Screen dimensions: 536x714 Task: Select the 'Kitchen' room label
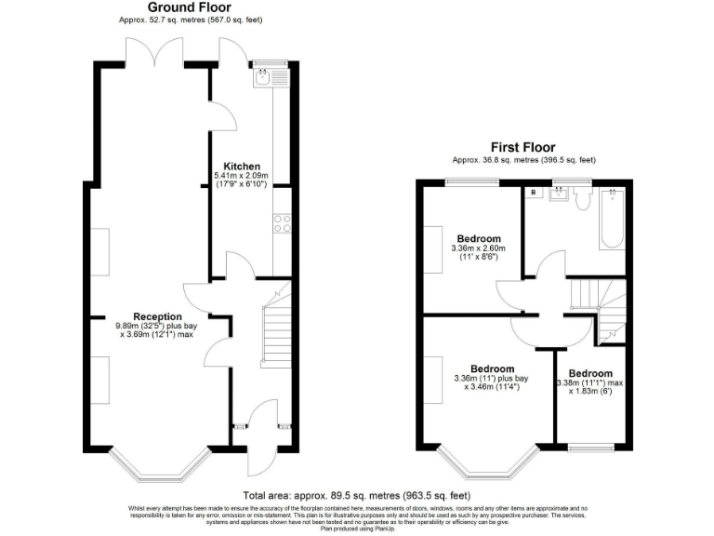click(x=241, y=166)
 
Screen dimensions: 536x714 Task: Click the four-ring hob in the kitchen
click(x=281, y=223)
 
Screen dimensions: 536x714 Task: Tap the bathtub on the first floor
click(x=611, y=220)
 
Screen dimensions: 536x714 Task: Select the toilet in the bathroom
click(x=582, y=197)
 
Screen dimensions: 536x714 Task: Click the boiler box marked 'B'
click(x=534, y=193)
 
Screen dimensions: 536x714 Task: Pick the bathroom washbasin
click(x=560, y=194)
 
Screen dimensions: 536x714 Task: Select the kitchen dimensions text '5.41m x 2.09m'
click(x=241, y=176)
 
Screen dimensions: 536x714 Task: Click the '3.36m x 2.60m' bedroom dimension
click(x=478, y=248)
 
